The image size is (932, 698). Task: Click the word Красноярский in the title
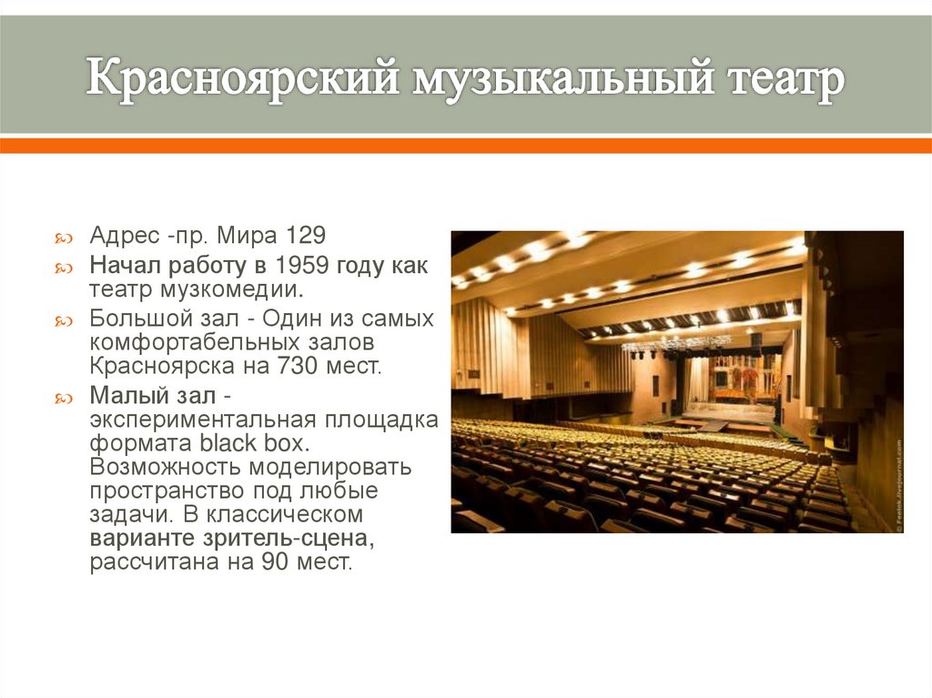point(242,79)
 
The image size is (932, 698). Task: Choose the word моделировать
point(324,469)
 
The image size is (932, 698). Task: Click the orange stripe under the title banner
point(466,146)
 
